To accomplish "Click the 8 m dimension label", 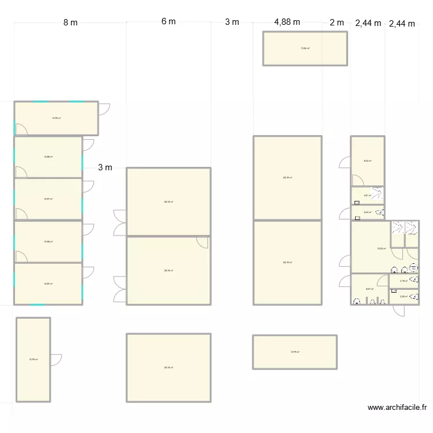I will point(70,23).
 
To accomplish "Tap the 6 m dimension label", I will point(168,21).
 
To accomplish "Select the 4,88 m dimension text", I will point(287,22).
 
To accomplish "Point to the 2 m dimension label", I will point(337,23).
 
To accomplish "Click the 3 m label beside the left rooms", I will point(105,168).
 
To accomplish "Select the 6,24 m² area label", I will point(367,161).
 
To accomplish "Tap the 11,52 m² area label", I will point(381,249).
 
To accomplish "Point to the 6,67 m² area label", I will point(369,289).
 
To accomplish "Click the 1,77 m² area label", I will point(412,234).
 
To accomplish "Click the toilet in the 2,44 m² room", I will point(380,213).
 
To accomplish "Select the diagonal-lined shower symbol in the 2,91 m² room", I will point(376,194).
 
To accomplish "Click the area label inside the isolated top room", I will point(305,48).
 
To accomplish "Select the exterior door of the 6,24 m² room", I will point(345,163).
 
